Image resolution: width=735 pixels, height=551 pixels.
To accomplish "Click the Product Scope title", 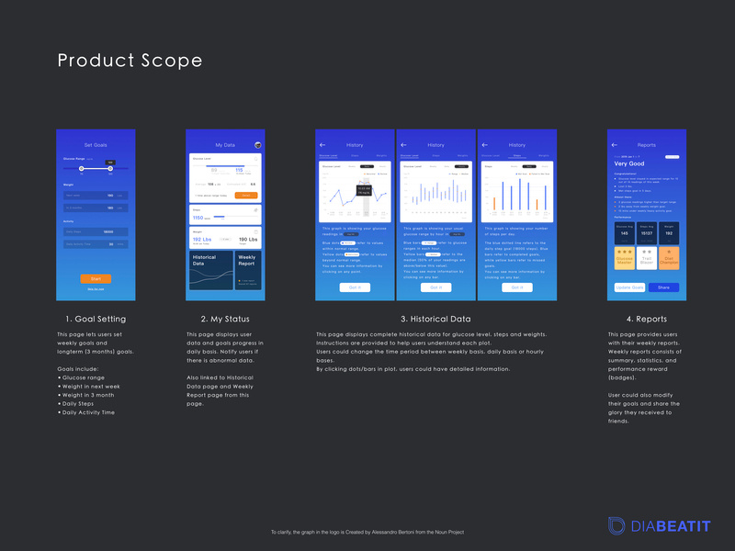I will pos(130,62).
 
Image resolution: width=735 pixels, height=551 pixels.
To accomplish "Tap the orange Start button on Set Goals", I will pos(96,278).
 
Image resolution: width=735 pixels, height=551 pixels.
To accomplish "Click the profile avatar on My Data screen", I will pos(257,144).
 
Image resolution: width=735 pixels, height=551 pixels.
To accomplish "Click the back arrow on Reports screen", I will pos(615,144).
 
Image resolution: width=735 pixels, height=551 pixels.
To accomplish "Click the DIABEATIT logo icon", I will pos(616,525).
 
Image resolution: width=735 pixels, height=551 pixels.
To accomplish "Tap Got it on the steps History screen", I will pos(517,287).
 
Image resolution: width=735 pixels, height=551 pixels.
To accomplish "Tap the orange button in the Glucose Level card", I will pos(245,196).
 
